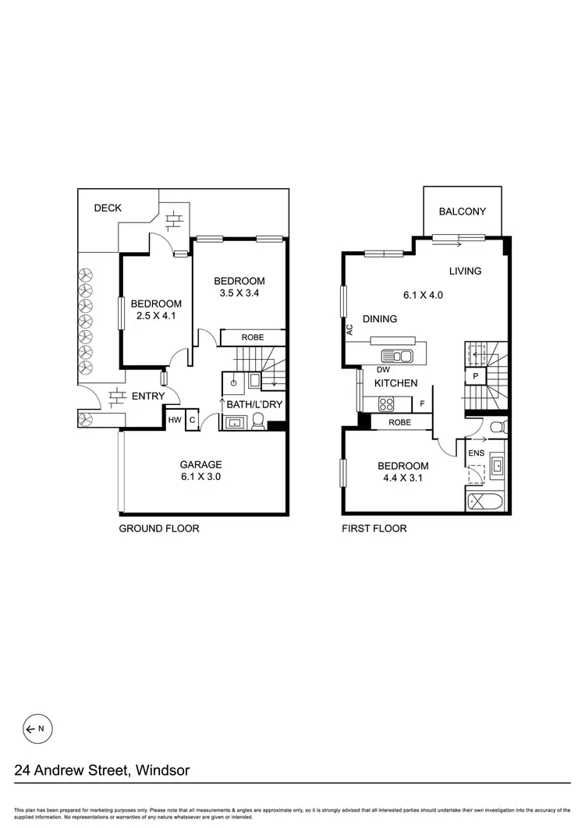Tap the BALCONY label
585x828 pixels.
tap(462, 211)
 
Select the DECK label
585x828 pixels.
tap(108, 208)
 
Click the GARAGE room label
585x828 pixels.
tap(202, 464)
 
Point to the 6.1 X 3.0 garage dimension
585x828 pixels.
tap(202, 478)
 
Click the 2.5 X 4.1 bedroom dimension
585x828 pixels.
tap(156, 317)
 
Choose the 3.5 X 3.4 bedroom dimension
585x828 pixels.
tap(239, 294)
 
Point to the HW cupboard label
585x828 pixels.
tap(175, 420)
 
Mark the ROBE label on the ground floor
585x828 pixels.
tap(252, 337)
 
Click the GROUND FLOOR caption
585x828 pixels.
tap(158, 528)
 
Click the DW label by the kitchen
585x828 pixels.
tap(382, 370)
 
